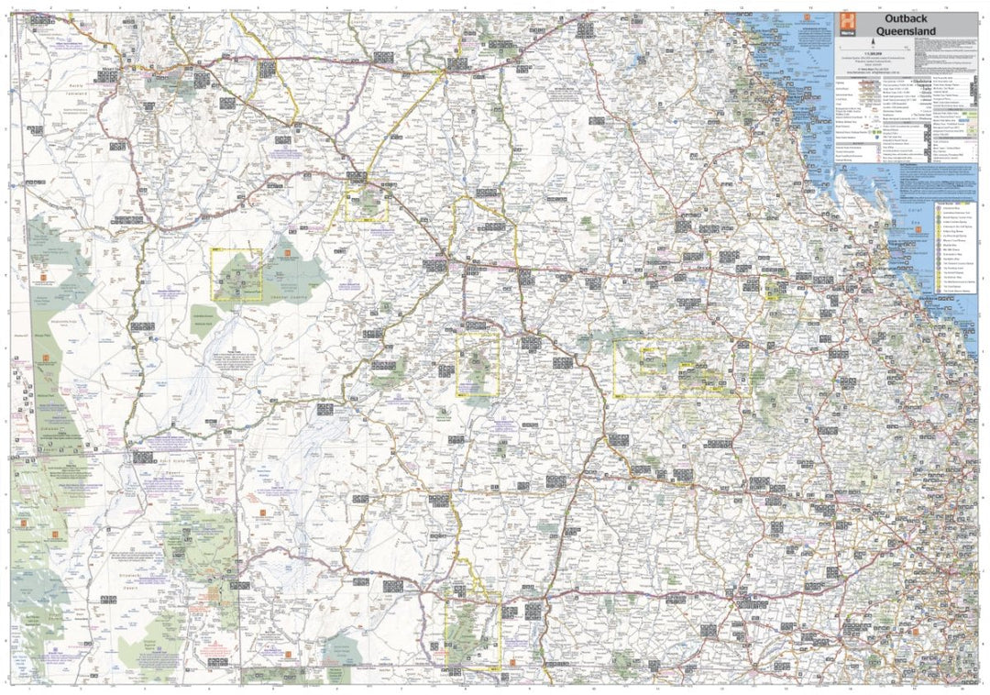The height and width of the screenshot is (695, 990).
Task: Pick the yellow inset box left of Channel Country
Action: click(236, 275)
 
